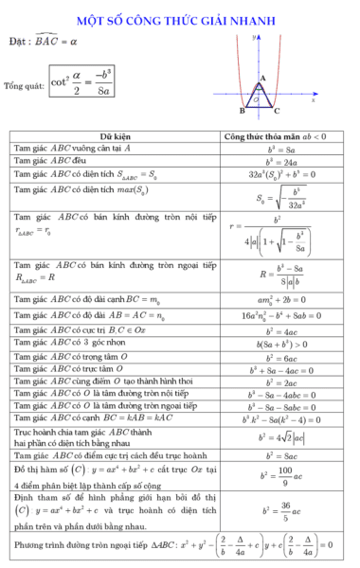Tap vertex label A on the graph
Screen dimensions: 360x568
click(262, 79)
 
